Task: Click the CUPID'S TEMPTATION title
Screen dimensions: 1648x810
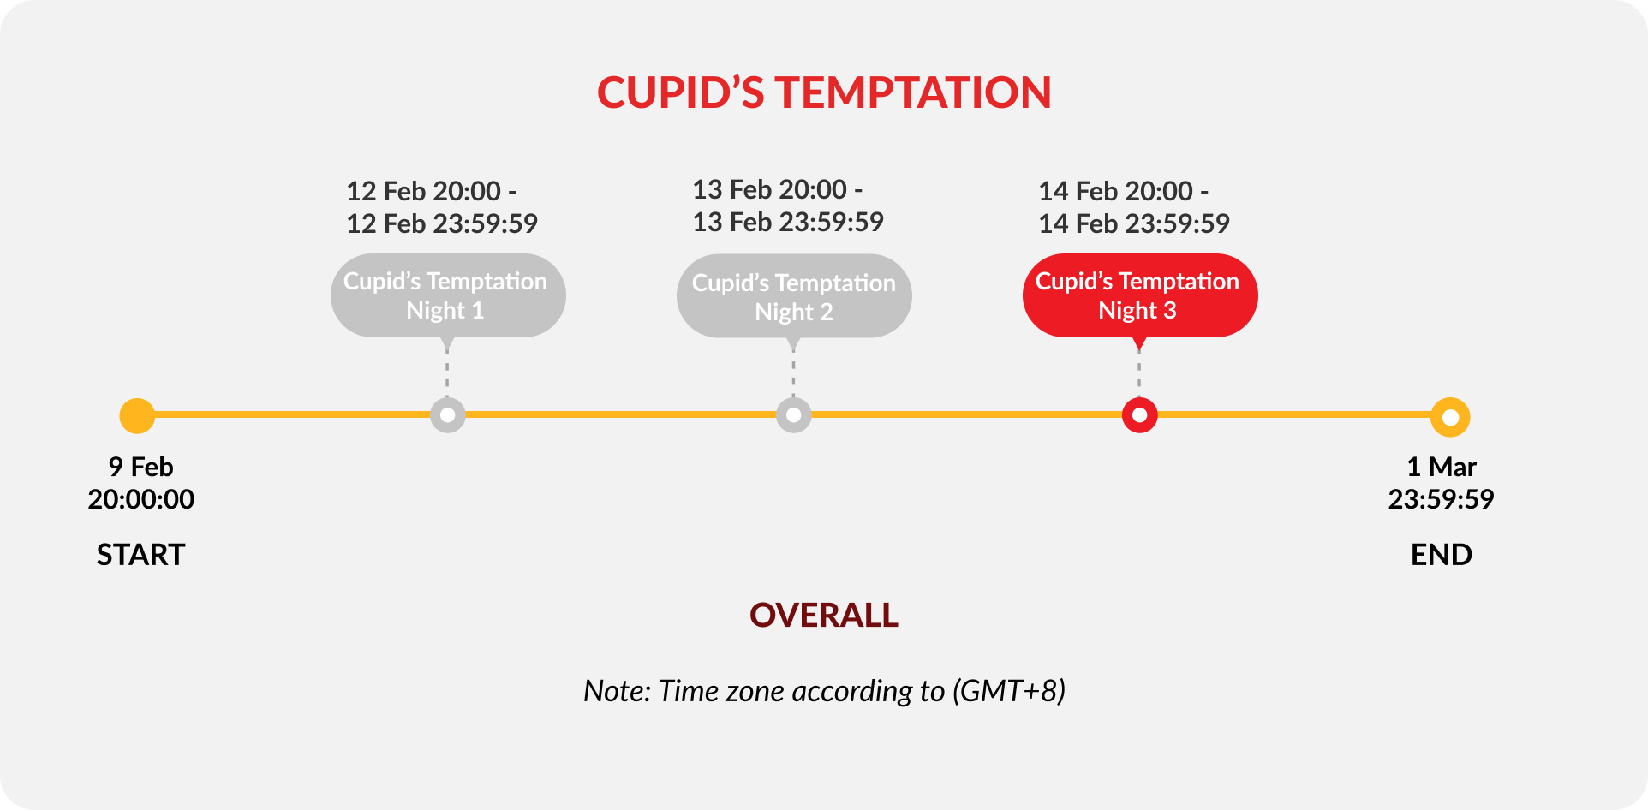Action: point(824,92)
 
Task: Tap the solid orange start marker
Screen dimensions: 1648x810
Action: point(137,416)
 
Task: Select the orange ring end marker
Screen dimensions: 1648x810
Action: point(1450,418)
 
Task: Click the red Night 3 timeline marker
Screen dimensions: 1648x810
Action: point(1140,415)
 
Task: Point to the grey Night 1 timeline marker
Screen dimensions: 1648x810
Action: point(448,415)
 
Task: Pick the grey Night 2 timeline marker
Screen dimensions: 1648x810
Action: point(794,415)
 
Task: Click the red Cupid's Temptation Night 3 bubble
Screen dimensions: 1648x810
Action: point(1140,295)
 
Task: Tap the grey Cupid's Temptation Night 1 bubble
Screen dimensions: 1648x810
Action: point(448,295)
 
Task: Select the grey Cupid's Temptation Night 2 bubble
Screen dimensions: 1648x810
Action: point(794,296)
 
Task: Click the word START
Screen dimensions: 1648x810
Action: point(140,555)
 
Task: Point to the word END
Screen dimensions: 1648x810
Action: point(1442,555)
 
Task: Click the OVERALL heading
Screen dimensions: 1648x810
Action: point(824,615)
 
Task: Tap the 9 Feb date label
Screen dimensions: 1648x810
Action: point(141,467)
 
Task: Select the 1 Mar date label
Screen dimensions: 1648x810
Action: point(1442,467)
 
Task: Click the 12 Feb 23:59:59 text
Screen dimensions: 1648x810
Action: point(442,223)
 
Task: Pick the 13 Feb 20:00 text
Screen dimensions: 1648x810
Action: point(769,189)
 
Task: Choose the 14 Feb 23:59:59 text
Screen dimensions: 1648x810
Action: point(1134,223)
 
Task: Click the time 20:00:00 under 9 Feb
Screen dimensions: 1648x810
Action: point(141,499)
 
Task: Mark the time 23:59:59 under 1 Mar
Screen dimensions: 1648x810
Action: point(1442,499)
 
